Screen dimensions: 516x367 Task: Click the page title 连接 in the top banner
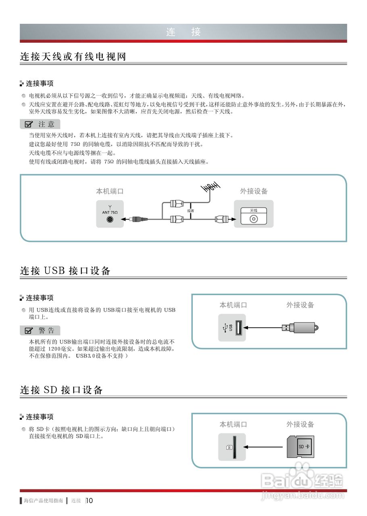tap(183, 32)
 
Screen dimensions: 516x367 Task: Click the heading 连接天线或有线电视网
tap(73, 57)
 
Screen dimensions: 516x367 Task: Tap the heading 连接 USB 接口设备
tap(65, 271)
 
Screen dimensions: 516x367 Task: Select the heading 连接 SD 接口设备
tap(61, 390)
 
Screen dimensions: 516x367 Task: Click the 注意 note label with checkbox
tap(40, 124)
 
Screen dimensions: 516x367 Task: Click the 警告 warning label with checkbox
tap(40, 331)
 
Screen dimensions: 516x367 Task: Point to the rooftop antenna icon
tap(211, 187)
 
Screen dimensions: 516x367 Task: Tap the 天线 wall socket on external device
tap(254, 219)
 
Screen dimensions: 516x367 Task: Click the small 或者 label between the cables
tap(190, 210)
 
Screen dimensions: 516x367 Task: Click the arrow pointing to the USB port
tap(262, 328)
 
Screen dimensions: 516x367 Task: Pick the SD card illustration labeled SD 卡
tap(301, 446)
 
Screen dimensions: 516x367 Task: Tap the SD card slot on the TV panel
tap(234, 447)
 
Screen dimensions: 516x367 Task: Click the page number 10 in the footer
tap(90, 501)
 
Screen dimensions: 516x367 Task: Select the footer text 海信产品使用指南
tap(43, 501)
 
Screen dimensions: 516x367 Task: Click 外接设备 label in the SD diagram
tap(300, 424)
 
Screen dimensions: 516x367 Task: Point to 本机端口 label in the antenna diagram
tap(110, 191)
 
